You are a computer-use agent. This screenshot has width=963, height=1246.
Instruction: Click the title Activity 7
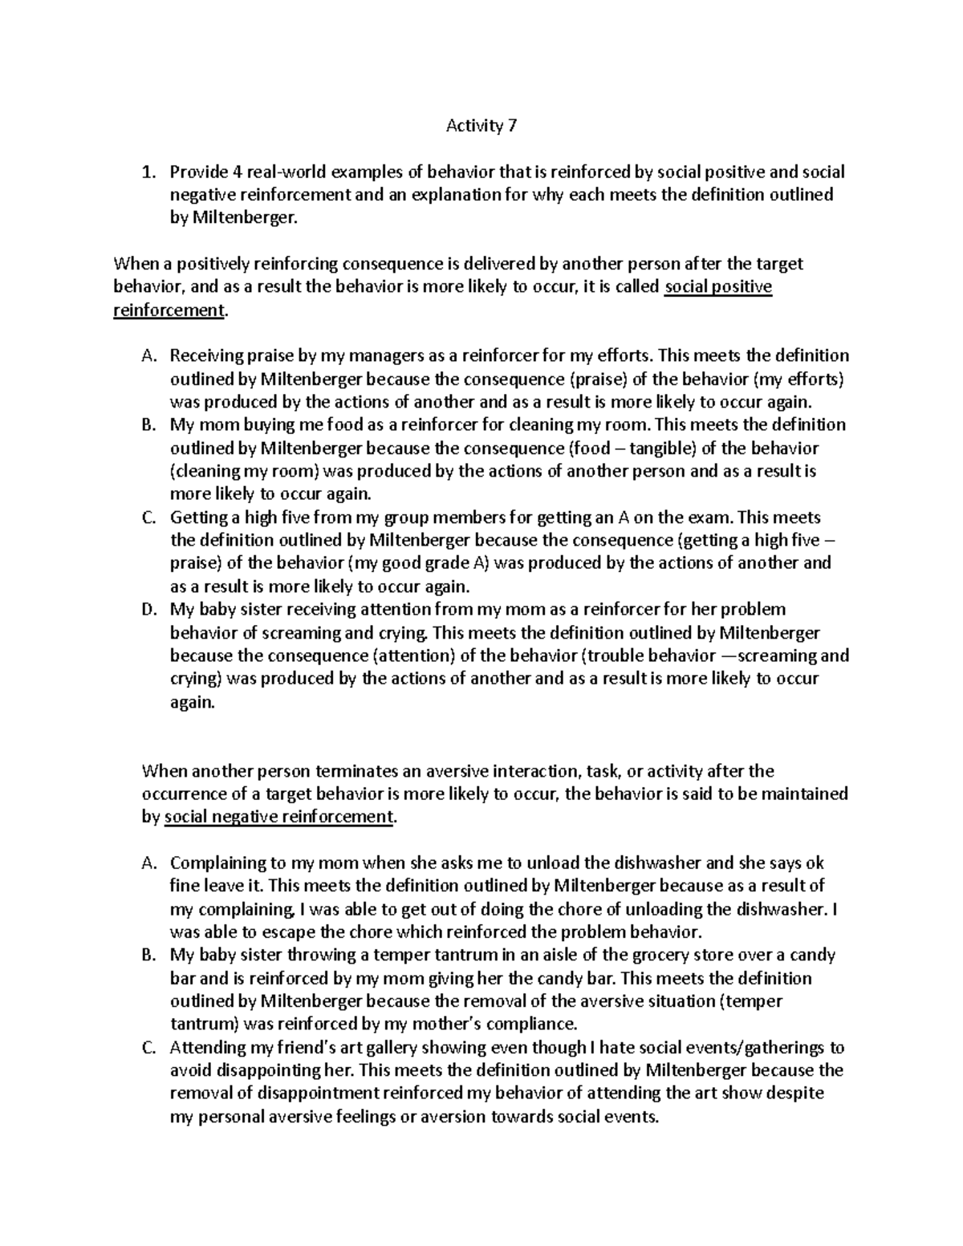[x=481, y=126]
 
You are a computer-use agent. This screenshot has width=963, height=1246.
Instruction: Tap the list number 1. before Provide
[x=147, y=172]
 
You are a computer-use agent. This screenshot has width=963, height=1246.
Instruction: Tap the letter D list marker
[x=147, y=610]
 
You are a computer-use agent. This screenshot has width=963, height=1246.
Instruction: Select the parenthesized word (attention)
[x=415, y=655]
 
